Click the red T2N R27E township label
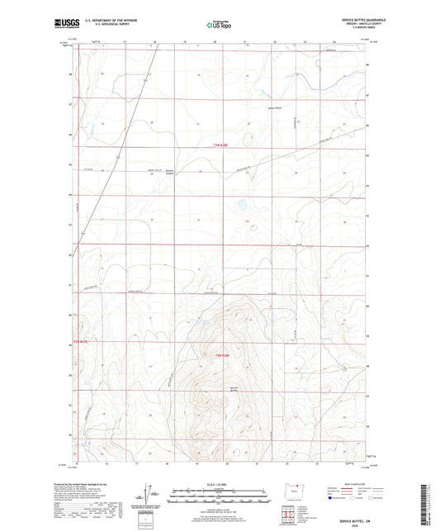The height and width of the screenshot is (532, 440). click(81, 341)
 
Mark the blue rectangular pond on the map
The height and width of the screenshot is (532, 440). click(242, 202)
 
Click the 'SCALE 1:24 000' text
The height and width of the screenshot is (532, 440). click(219, 484)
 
